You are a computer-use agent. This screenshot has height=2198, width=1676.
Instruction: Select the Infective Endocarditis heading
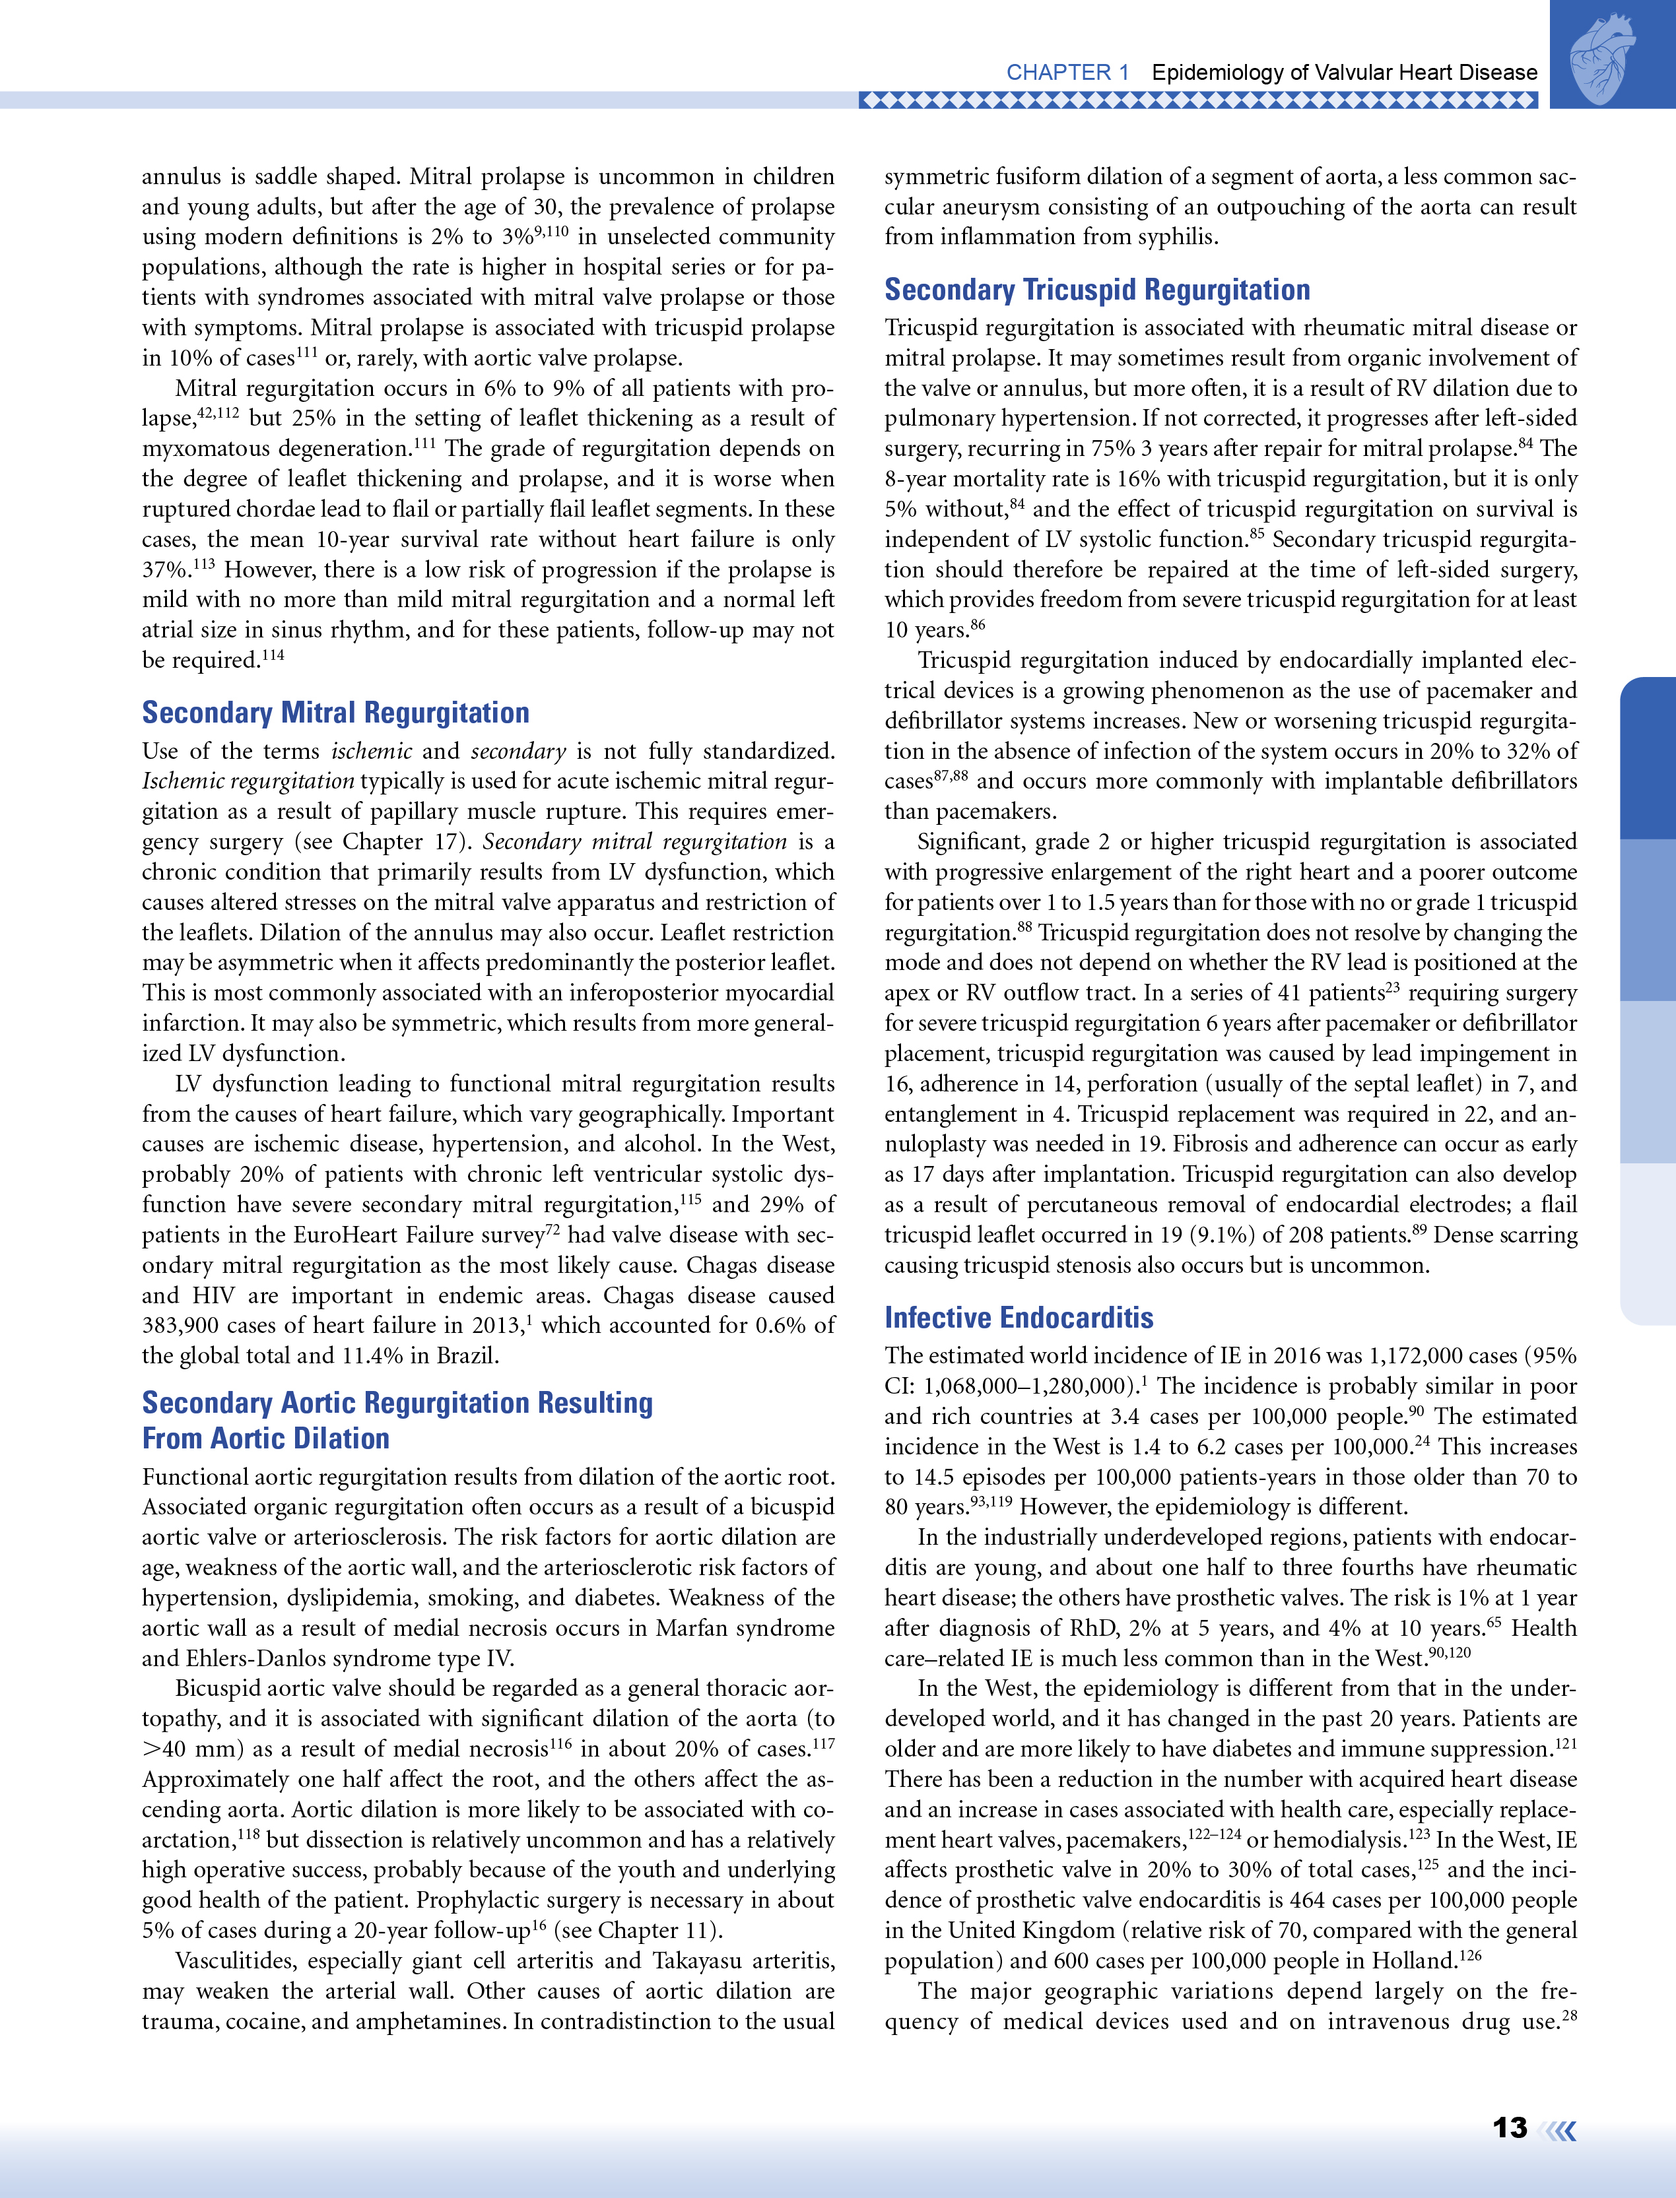(1019, 1317)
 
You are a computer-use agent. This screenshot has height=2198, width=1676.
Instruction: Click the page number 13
(1510, 2127)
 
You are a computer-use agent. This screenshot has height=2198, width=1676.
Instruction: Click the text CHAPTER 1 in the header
(1067, 73)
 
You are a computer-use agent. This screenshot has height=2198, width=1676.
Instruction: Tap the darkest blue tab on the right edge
(1648, 758)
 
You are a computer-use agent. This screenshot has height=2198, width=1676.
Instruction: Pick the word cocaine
(269, 2020)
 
